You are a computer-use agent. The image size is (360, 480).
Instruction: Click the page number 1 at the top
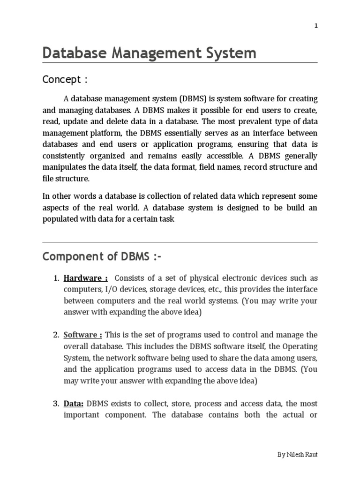tap(316, 26)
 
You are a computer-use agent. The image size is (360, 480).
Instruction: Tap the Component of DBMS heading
tap(104, 257)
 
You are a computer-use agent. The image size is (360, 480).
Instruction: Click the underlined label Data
tap(74, 404)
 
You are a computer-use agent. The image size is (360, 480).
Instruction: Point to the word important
tap(82, 415)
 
